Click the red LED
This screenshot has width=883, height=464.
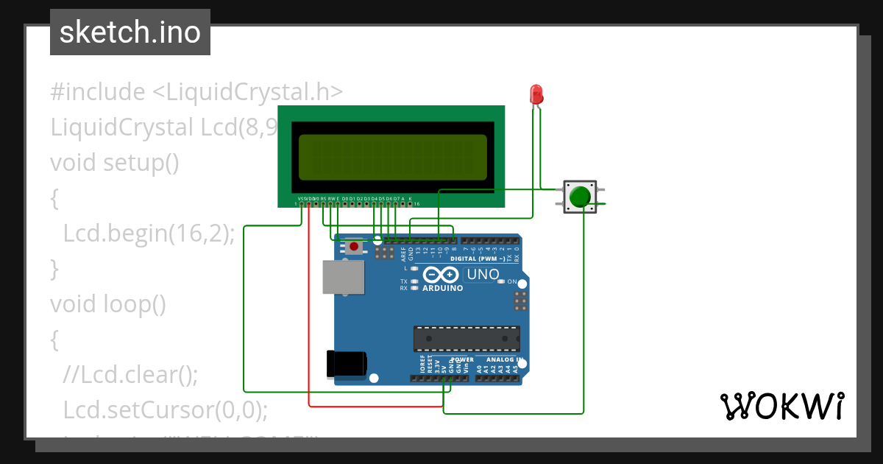(x=536, y=94)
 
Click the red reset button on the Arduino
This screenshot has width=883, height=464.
(x=355, y=247)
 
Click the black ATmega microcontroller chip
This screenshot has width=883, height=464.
(x=467, y=338)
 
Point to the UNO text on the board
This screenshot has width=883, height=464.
(x=483, y=275)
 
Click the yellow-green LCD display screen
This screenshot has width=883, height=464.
(x=392, y=157)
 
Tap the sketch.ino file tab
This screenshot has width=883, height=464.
(x=130, y=32)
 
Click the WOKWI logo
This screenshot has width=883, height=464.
(x=781, y=406)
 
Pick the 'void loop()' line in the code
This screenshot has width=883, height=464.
(x=108, y=303)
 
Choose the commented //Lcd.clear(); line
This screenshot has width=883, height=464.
(x=131, y=374)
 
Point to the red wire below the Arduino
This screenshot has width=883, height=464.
(x=375, y=405)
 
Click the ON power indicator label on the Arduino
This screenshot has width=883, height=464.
(x=511, y=281)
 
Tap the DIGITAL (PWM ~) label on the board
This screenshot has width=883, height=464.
(x=477, y=259)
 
